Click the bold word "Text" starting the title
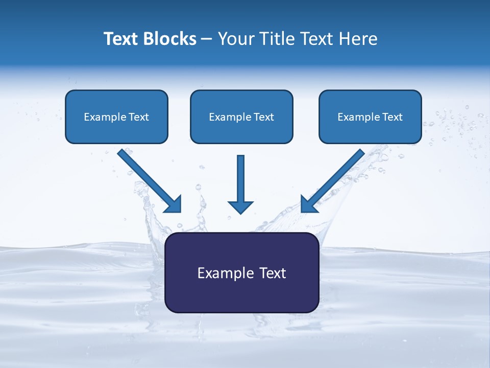(x=123, y=39)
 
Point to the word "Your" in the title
(x=235, y=39)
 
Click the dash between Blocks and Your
(x=207, y=39)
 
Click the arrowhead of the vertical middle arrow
(x=240, y=206)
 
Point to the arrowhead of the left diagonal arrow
(x=174, y=204)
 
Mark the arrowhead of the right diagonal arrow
(x=309, y=204)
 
